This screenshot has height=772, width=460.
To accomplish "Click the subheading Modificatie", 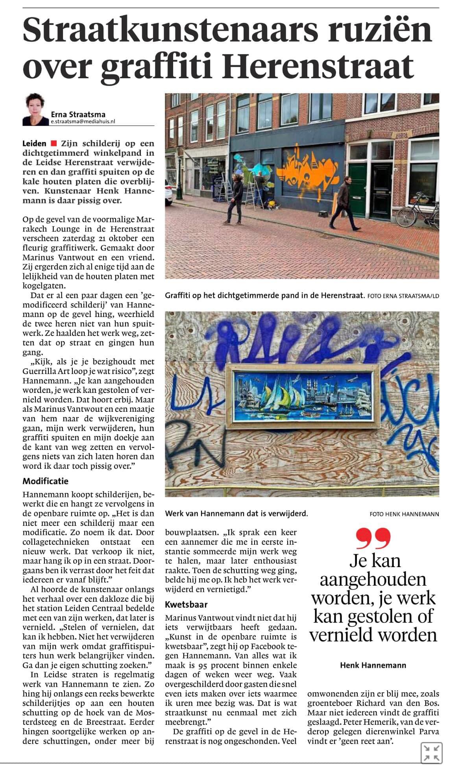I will pyautogui.click(x=45, y=481).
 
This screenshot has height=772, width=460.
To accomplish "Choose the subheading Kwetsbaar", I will pyautogui.click(x=186, y=604).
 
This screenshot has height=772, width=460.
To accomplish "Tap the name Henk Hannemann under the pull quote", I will pyautogui.click(x=373, y=665).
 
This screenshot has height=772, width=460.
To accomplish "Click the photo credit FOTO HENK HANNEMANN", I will pyautogui.click(x=404, y=514).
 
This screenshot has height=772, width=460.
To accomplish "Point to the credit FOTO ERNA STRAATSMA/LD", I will pyautogui.click(x=403, y=296).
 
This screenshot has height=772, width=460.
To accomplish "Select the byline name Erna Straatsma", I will pyautogui.click(x=78, y=114).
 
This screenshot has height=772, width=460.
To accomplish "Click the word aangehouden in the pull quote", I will pyautogui.click(x=373, y=579).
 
